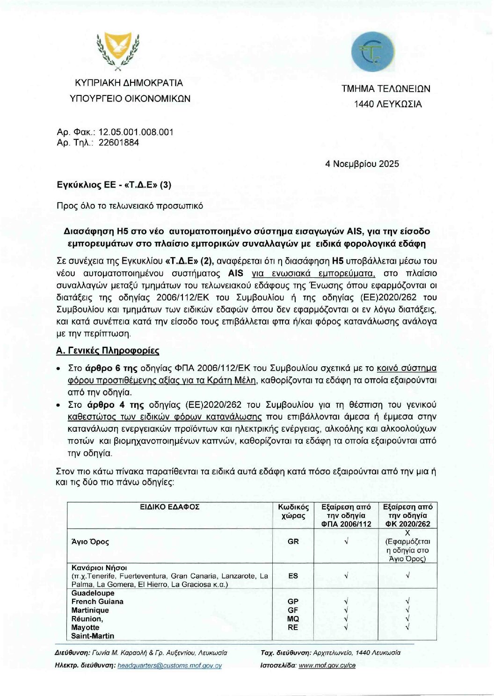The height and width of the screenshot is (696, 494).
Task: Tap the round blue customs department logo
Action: click(373, 52)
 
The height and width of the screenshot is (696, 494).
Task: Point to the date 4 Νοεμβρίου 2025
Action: click(362, 164)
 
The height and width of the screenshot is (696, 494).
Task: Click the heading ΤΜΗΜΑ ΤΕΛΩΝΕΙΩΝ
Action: click(385, 89)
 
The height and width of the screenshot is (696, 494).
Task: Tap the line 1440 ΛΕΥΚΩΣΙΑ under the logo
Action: click(388, 104)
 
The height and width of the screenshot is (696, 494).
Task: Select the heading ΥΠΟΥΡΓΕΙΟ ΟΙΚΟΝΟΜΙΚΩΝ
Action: click(130, 99)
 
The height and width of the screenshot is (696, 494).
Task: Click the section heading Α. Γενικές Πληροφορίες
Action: click(108, 350)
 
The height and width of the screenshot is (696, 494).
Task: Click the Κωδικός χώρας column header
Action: click(293, 511)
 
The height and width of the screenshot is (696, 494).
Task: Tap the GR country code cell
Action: click(293, 542)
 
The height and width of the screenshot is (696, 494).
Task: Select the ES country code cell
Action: click(293, 576)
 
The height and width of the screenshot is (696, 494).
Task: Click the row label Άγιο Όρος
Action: click(90, 542)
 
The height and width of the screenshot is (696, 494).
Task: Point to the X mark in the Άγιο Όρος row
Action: click(407, 533)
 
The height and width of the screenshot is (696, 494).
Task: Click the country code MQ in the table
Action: click(293, 619)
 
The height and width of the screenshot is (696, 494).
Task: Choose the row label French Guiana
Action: click(97, 602)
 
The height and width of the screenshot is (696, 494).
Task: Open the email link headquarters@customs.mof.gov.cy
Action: click(170, 665)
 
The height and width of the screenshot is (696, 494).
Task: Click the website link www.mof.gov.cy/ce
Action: click(327, 665)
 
